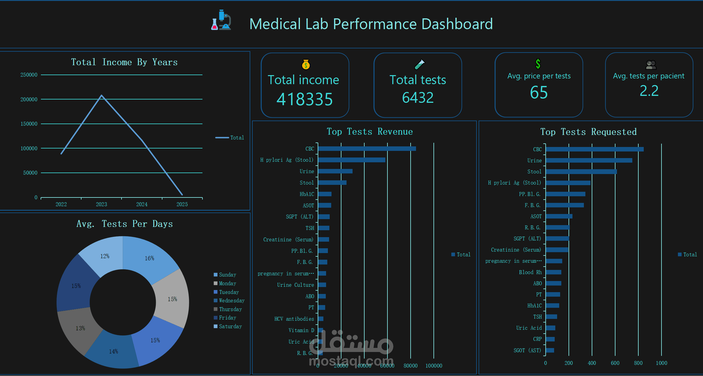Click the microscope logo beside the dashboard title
(221, 20)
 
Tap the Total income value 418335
(304, 99)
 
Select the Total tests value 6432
(418, 98)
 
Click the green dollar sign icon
(538, 64)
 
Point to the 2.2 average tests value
(649, 91)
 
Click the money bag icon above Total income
(306, 64)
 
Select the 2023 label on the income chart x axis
(101, 204)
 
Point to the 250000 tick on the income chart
(29, 75)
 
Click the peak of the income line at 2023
(102, 96)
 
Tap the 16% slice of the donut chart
(150, 258)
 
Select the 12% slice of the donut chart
(105, 256)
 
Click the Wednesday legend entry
(231, 301)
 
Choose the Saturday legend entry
(230, 326)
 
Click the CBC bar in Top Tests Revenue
(367, 148)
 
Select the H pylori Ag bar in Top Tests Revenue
(351, 160)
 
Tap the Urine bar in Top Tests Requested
(589, 160)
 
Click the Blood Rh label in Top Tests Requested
(530, 272)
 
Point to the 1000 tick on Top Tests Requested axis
(661, 363)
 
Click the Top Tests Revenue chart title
(370, 132)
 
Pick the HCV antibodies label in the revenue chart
(294, 319)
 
